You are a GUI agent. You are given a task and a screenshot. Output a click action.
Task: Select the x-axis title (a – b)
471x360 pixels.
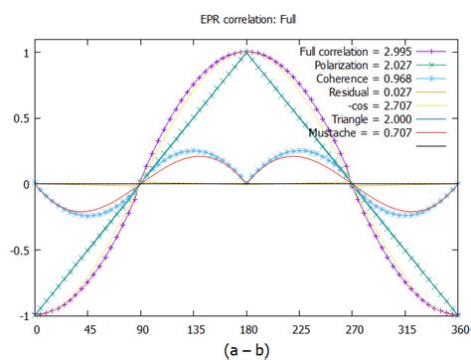click(x=245, y=348)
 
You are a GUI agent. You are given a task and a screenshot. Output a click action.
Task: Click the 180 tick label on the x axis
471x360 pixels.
click(x=246, y=327)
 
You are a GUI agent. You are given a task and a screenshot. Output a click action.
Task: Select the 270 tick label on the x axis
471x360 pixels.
click(x=352, y=327)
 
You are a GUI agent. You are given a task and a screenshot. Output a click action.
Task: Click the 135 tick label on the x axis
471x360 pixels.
click(x=193, y=327)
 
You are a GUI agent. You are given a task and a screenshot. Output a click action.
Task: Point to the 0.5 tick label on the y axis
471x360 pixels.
click(x=19, y=118)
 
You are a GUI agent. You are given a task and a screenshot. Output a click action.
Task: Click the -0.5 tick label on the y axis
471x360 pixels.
click(x=17, y=251)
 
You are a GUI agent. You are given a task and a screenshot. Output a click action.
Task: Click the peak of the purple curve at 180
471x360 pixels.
click(x=246, y=52)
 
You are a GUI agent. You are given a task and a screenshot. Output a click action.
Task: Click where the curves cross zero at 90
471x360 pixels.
click(x=140, y=184)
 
